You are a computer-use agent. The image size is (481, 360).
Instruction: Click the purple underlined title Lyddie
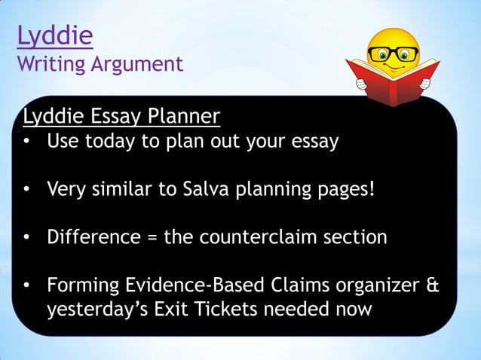[x=54, y=36]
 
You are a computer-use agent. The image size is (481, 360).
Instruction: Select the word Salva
[x=207, y=189]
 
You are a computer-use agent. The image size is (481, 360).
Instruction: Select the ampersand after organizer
[x=433, y=285]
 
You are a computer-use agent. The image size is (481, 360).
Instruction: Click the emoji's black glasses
[x=393, y=54]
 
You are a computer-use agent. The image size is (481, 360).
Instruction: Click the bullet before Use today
[x=27, y=142]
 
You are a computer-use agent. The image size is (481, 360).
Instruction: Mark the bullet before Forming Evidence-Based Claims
[x=27, y=286]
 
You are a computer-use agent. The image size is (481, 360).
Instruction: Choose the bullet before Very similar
[x=27, y=190]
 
